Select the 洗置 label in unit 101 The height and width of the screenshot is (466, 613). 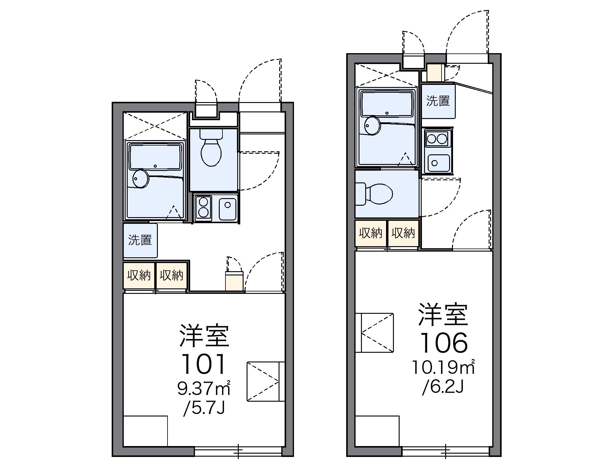point(140,240)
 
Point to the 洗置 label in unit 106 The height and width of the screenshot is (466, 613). point(438,101)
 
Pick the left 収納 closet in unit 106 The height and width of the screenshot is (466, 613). point(371,233)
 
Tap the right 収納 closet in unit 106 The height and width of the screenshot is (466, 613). point(403,233)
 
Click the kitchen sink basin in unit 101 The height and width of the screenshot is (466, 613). point(227,209)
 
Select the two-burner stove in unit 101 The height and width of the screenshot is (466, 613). point(203,207)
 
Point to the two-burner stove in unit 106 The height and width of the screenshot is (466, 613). point(437,139)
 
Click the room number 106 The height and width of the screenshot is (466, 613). point(444,343)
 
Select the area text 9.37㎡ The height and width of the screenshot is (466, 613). point(204,389)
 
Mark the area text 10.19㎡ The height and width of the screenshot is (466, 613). point(444,368)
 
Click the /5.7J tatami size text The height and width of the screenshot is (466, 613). point(204,408)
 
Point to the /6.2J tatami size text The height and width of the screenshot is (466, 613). point(443,387)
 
